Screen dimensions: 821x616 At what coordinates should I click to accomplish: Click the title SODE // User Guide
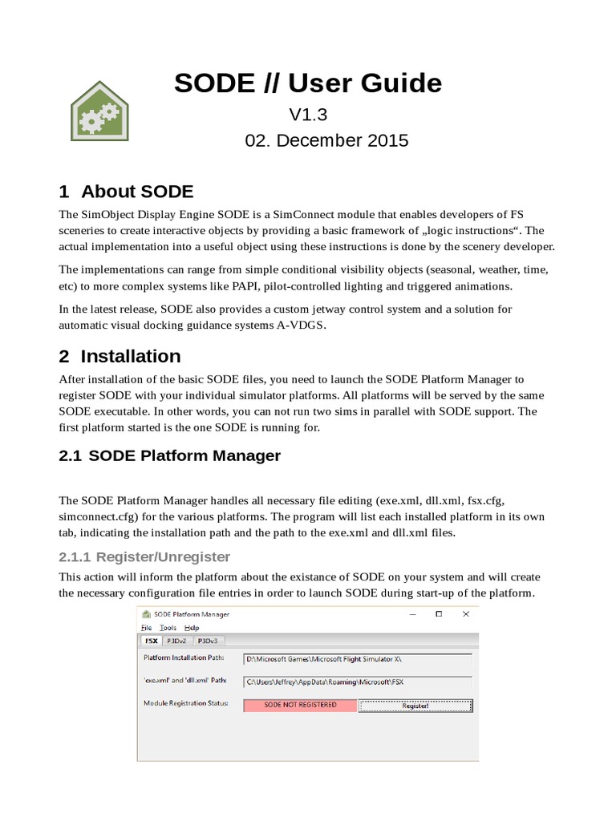(x=308, y=83)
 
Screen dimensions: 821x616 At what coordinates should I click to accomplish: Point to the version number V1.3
(x=308, y=115)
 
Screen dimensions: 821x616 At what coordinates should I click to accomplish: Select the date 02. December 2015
(x=326, y=140)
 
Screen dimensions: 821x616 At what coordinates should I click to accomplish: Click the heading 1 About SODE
(x=126, y=192)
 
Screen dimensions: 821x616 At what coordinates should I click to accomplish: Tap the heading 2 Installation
(x=120, y=356)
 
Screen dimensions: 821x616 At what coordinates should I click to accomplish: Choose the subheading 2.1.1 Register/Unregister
(x=144, y=556)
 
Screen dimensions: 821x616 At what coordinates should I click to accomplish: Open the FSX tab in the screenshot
(x=150, y=641)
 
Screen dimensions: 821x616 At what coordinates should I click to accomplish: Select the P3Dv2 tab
(x=176, y=641)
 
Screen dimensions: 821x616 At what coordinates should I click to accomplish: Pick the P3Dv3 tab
(x=208, y=641)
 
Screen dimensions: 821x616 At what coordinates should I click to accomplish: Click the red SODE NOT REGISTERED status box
(x=300, y=705)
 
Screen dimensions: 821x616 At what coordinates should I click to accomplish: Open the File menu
(x=146, y=628)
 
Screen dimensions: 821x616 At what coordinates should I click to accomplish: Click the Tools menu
(x=168, y=628)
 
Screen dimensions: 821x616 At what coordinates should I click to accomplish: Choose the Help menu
(x=192, y=628)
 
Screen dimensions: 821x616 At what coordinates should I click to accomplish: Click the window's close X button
(x=465, y=614)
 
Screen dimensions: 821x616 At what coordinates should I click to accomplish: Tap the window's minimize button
(x=413, y=614)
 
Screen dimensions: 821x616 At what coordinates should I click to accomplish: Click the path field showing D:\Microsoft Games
(x=357, y=659)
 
